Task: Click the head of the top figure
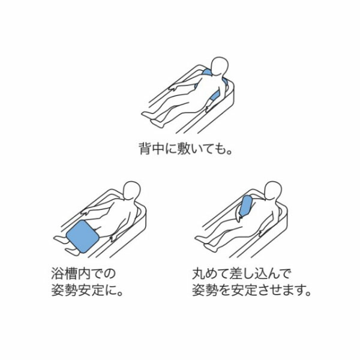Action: [x=220, y=66]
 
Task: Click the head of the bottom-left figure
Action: [x=132, y=191]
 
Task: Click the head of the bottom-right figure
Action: [x=273, y=190]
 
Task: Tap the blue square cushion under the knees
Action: [x=83, y=236]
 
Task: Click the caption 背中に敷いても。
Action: [x=185, y=149]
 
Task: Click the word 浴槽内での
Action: [x=83, y=274]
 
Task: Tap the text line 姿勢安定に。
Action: [x=87, y=290]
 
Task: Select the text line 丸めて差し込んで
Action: [x=241, y=274]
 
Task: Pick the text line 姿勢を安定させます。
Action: [x=251, y=290]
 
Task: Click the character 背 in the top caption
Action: [x=145, y=149]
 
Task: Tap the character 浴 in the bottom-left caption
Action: [x=58, y=274]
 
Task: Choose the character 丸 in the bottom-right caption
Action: [x=199, y=274]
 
